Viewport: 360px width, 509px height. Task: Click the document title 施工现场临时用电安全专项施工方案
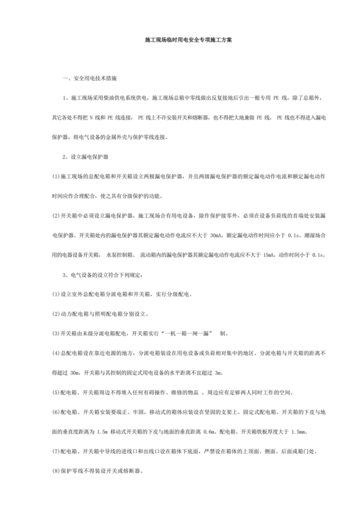[179, 39]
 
